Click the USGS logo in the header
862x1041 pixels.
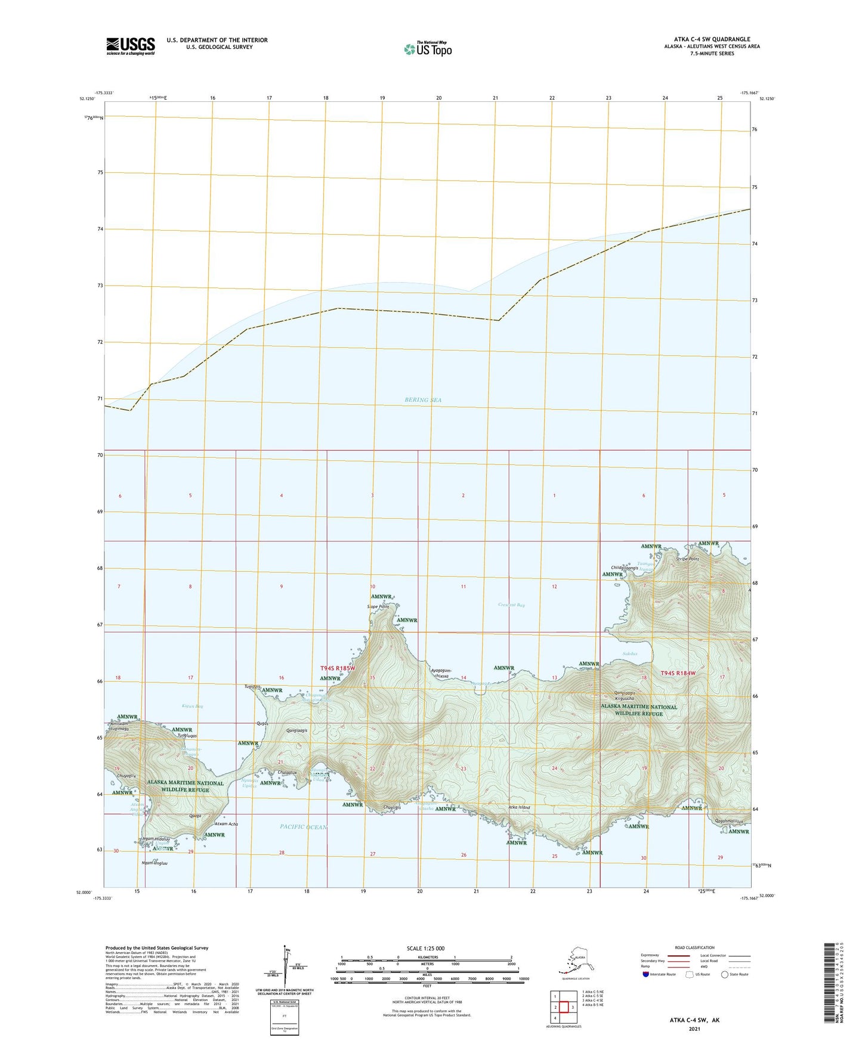pyautogui.click(x=130, y=46)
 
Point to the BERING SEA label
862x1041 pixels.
pyautogui.click(x=423, y=399)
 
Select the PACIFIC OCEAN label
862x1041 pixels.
pyautogui.click(x=304, y=826)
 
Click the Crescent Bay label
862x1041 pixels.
pyautogui.click(x=511, y=605)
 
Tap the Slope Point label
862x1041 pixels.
pyautogui.click(x=378, y=606)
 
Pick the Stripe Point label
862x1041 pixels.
pyautogui.click(x=687, y=559)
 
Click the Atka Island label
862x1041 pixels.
pyautogui.click(x=518, y=807)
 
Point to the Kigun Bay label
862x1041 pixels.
pyautogui.click(x=192, y=706)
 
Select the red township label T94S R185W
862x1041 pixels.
pyautogui.click(x=338, y=668)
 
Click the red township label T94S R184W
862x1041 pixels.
pyautogui.click(x=678, y=673)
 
